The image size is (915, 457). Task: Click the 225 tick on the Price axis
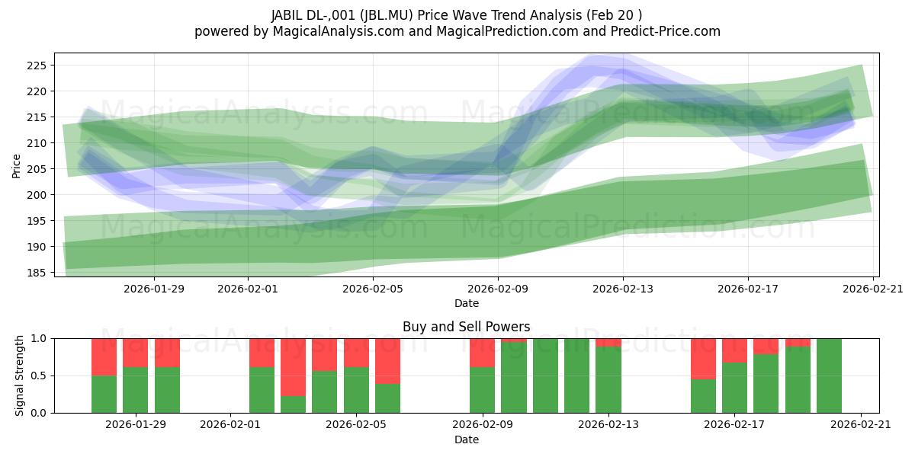37,66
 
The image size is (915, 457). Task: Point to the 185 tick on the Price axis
37,273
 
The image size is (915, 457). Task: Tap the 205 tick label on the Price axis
37,169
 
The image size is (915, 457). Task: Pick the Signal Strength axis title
21,376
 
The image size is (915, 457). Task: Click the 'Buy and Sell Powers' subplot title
466,327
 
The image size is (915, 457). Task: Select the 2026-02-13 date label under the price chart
623,289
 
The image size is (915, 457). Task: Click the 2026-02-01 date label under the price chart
249,289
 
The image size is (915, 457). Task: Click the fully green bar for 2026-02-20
829,376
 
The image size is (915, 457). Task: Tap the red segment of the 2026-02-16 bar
703,358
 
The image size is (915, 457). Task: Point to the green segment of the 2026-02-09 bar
482,390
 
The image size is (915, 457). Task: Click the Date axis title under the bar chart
466,439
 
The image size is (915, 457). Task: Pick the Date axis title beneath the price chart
466,303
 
